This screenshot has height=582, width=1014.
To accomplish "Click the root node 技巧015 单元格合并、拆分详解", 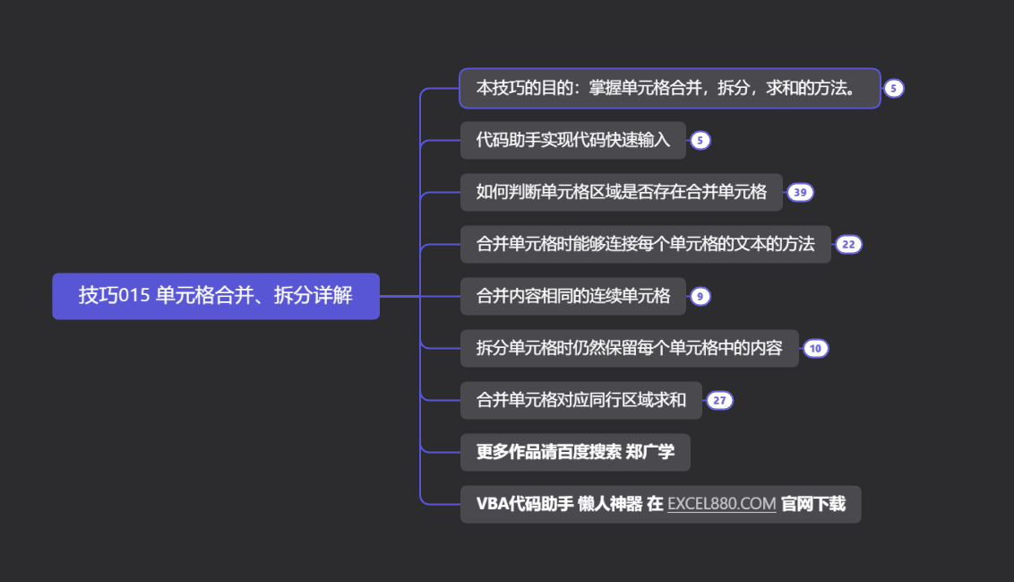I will pos(215,296).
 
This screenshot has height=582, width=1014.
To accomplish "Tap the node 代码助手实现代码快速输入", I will pos(572,140).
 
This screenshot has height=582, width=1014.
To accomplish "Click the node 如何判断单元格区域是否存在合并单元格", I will pos(621,192).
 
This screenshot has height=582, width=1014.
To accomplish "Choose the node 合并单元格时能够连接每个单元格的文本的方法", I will pos(645,244).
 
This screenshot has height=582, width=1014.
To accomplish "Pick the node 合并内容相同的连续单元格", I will pos(572,296).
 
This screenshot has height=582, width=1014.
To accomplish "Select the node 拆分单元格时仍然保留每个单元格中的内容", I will pos(629,348).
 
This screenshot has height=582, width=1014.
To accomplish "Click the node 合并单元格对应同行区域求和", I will pos(580,400).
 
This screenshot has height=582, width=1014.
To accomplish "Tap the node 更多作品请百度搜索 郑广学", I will pos(575,452).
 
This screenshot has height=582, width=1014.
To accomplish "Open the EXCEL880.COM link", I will pos(722,504).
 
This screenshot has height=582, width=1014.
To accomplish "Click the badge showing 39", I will pos(800,192).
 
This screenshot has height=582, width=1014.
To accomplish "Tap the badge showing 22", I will pos(848,244).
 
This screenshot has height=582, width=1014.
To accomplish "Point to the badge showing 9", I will pos(700,296).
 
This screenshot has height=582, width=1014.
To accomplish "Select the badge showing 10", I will pos(815,348).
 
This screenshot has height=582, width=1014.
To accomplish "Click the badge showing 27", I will pos(719,400).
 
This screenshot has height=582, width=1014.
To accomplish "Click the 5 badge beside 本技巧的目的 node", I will pos(894,88).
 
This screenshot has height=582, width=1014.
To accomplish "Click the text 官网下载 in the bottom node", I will pos(813,504).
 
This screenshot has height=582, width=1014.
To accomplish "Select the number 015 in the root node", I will pos(132,296).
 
